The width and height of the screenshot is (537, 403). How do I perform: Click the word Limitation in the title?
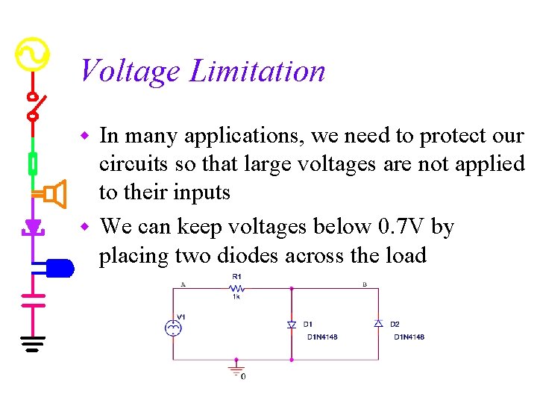257,72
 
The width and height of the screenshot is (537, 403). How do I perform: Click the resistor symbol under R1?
236,287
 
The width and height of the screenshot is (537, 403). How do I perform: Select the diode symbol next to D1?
292,325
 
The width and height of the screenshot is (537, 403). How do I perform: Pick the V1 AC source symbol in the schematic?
173,327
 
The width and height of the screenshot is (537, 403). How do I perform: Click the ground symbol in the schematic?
236,369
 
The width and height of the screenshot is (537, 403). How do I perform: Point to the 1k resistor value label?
236,297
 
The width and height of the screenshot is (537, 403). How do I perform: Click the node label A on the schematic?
183,284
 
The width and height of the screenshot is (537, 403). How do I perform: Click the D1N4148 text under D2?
409,337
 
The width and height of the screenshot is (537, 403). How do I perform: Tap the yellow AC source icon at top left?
32,54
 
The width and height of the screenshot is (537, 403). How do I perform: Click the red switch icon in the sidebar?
34,105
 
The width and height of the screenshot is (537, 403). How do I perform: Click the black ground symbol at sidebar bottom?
33,344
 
